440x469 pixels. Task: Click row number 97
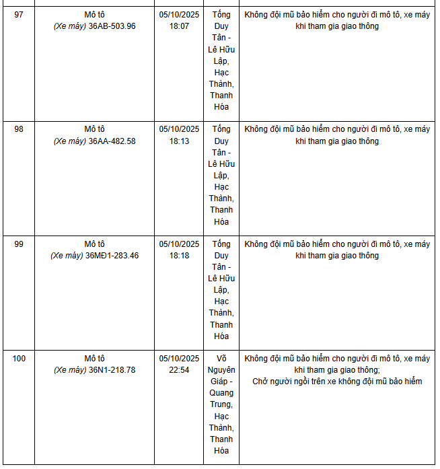19,15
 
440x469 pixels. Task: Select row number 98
19,129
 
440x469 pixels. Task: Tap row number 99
19,244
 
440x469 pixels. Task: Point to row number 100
19,359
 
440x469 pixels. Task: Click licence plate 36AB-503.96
112,26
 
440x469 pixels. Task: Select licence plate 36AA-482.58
112,141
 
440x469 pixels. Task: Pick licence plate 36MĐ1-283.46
112,256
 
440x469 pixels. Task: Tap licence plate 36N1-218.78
112,370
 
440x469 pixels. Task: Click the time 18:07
179,26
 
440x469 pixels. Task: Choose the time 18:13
179,141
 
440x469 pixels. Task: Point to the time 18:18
179,256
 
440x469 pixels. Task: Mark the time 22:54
179,370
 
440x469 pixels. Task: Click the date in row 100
179,359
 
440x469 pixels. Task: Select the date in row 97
179,15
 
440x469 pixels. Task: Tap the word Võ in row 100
221,359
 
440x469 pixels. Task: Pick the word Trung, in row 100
221,404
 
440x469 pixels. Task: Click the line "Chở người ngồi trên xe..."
337,382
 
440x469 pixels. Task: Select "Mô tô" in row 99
95,244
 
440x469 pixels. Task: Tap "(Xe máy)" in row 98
70,141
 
